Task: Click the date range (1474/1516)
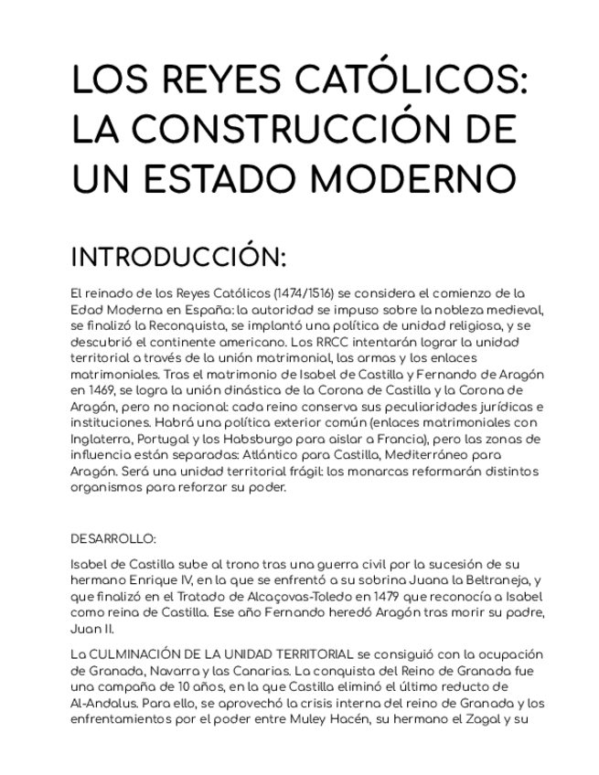point(304,294)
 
